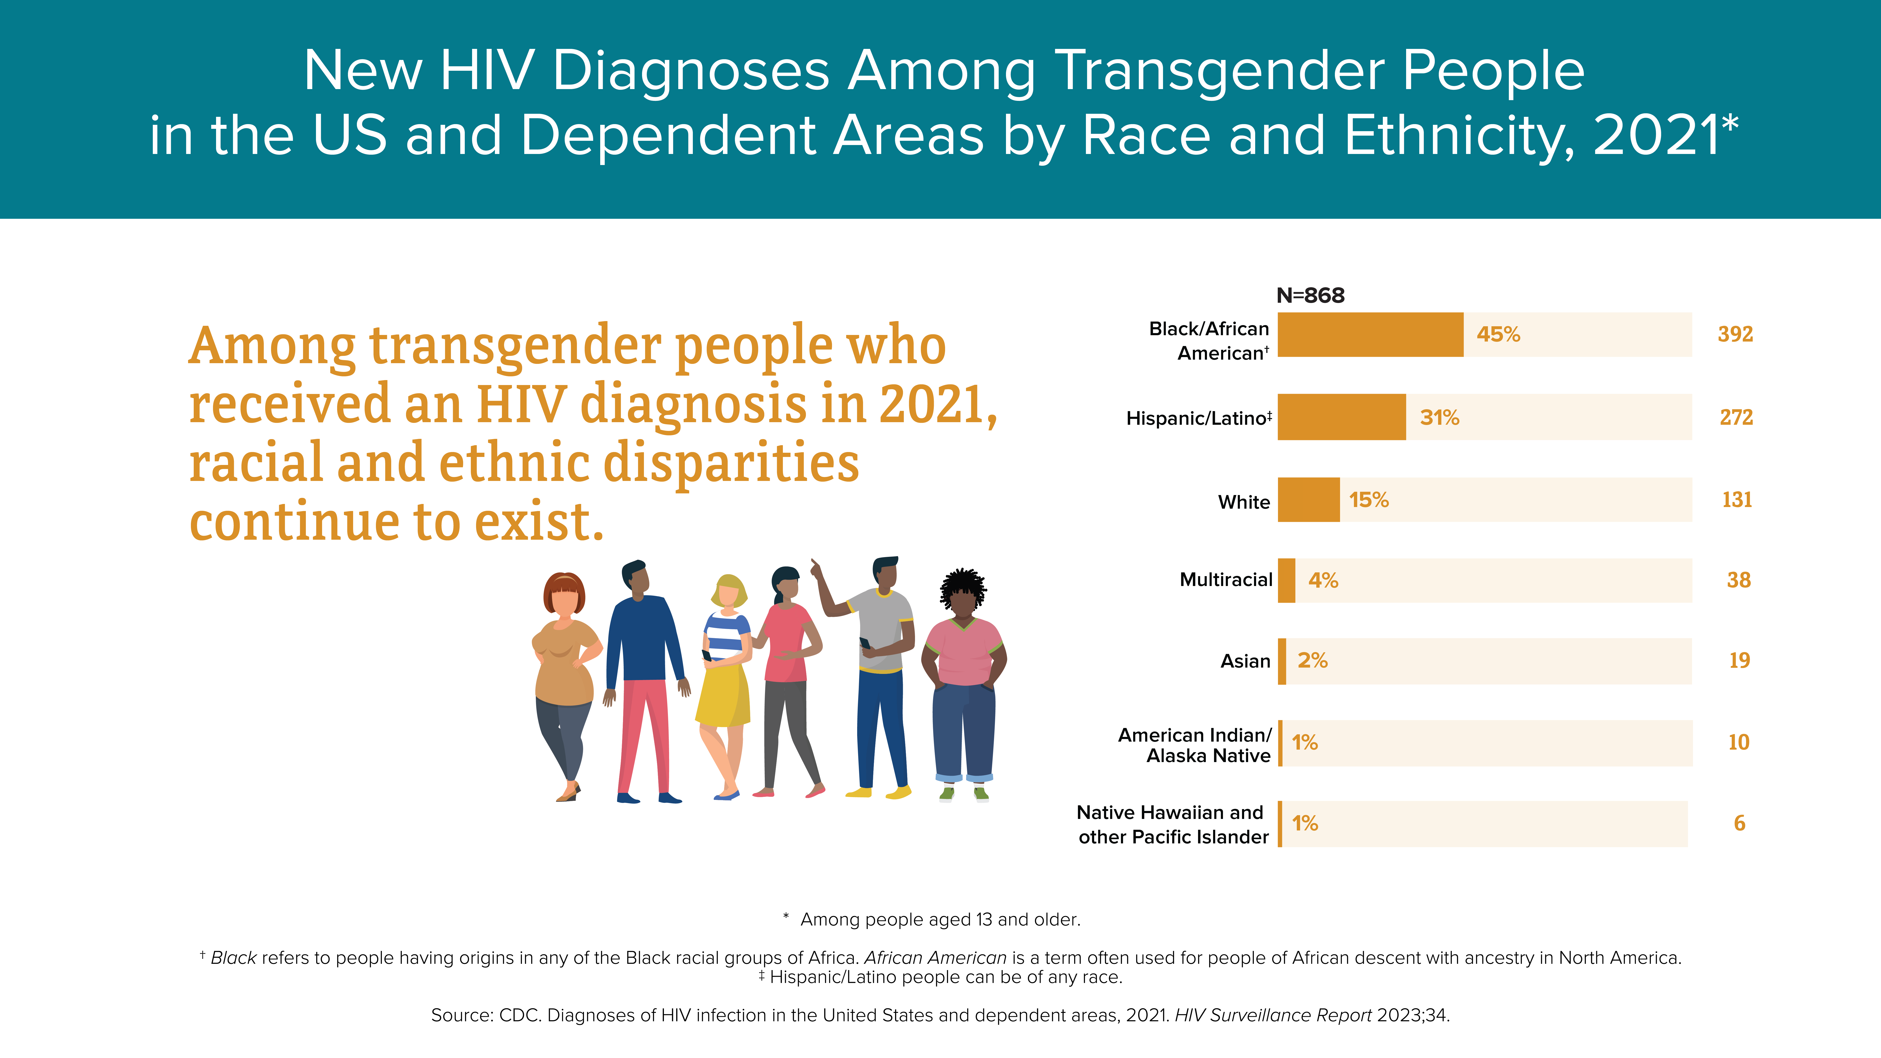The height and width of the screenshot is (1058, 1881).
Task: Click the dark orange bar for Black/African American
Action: (1371, 334)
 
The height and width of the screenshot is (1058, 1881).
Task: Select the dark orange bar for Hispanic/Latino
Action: (1341, 417)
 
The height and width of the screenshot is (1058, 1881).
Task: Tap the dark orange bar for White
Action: (1309, 500)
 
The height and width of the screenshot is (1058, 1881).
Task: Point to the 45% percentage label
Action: (1498, 334)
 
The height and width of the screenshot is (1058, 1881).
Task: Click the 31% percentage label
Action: (1439, 418)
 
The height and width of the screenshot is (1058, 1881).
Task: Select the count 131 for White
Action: (1736, 500)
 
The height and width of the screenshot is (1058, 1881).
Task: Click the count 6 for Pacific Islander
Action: (1739, 823)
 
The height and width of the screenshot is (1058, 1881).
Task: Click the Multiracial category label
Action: (1226, 580)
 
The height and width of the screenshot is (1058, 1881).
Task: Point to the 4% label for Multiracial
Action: (1323, 580)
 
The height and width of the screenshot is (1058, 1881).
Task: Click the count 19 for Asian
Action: (1739, 660)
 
